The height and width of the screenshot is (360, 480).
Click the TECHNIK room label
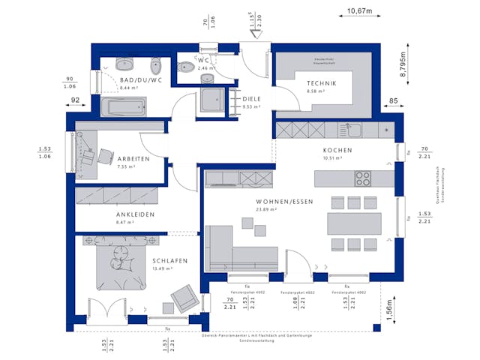pos(320,83)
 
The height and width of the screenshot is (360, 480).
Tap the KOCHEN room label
pos(337,150)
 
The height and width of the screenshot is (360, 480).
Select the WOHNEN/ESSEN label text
pos(253,202)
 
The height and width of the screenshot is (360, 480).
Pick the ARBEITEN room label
pos(133,159)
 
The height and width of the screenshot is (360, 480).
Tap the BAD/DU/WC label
pos(140,79)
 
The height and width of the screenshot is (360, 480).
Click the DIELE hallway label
pos(251,98)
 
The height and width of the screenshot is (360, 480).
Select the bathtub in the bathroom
pos(130,107)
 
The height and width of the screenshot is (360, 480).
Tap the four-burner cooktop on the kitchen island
pos(364,178)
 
